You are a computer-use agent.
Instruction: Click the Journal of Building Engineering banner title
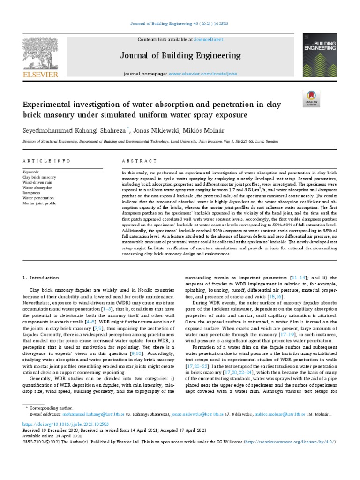[x=180, y=56]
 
